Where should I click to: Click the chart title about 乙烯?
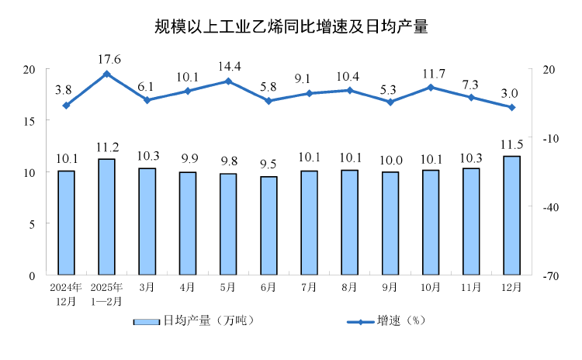click(291, 27)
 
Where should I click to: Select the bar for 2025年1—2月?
click(107, 217)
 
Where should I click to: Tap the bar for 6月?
click(268, 226)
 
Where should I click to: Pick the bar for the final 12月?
click(511, 216)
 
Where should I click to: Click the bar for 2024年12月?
click(67, 223)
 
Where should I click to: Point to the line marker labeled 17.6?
click(107, 74)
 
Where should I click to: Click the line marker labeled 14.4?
click(228, 81)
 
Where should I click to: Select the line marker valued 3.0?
click(511, 107)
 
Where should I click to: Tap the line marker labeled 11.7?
click(431, 87)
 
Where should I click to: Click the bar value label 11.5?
click(511, 145)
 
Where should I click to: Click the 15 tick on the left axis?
click(30, 121)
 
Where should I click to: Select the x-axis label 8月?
click(349, 288)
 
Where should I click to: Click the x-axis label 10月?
click(431, 288)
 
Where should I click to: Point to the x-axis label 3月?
click(147, 288)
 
